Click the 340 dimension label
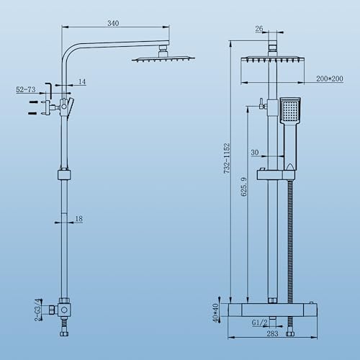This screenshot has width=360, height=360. [x=113, y=23]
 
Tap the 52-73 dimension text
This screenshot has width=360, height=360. [x=26, y=89]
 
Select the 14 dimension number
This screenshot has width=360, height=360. [x=82, y=81]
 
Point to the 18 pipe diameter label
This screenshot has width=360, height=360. [x=78, y=219]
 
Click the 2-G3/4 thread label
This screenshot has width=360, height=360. [x=38, y=310]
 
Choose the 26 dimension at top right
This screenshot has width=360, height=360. [x=259, y=29]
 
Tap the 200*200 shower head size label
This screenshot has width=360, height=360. [x=330, y=78]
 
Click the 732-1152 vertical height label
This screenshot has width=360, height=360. [x=227, y=158]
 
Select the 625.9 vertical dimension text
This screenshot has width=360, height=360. [x=243, y=186]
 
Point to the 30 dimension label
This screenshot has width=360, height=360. [x=255, y=153]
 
